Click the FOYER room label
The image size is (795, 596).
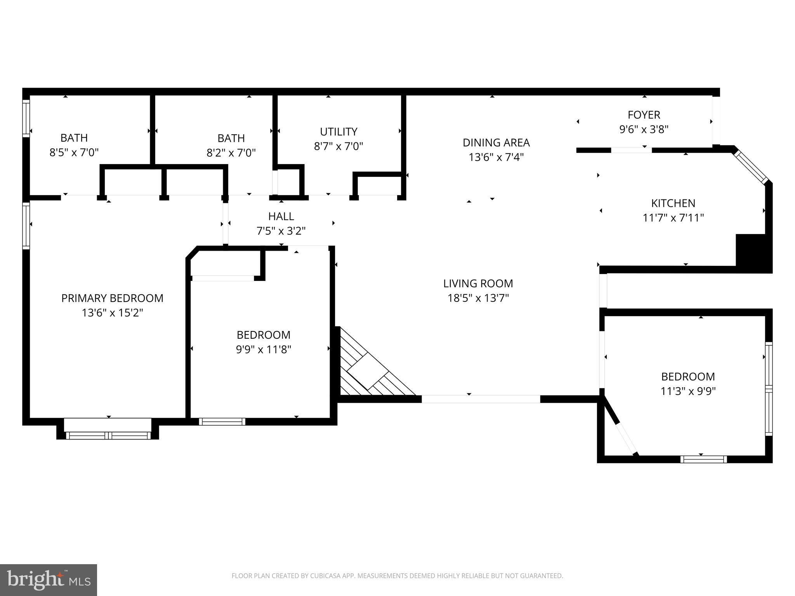click(x=644, y=115)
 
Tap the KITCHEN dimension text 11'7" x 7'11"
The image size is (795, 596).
click(x=673, y=218)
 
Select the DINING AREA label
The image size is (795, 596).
click(x=496, y=143)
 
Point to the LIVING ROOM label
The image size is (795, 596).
click(x=478, y=284)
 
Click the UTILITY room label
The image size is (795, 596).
click(x=338, y=132)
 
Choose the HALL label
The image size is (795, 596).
click(x=281, y=216)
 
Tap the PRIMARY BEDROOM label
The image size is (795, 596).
click(x=112, y=298)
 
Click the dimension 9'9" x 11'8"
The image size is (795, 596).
click(x=264, y=350)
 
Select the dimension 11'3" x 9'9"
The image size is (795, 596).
click(x=688, y=391)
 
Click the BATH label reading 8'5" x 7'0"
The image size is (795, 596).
click(x=74, y=138)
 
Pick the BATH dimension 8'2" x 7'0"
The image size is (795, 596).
click(x=231, y=153)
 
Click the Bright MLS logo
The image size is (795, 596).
click(x=48, y=580)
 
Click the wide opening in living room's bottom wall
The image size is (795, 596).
click(x=481, y=399)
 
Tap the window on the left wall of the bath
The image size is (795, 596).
click(x=26, y=118)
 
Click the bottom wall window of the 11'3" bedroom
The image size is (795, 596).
click(x=703, y=459)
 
